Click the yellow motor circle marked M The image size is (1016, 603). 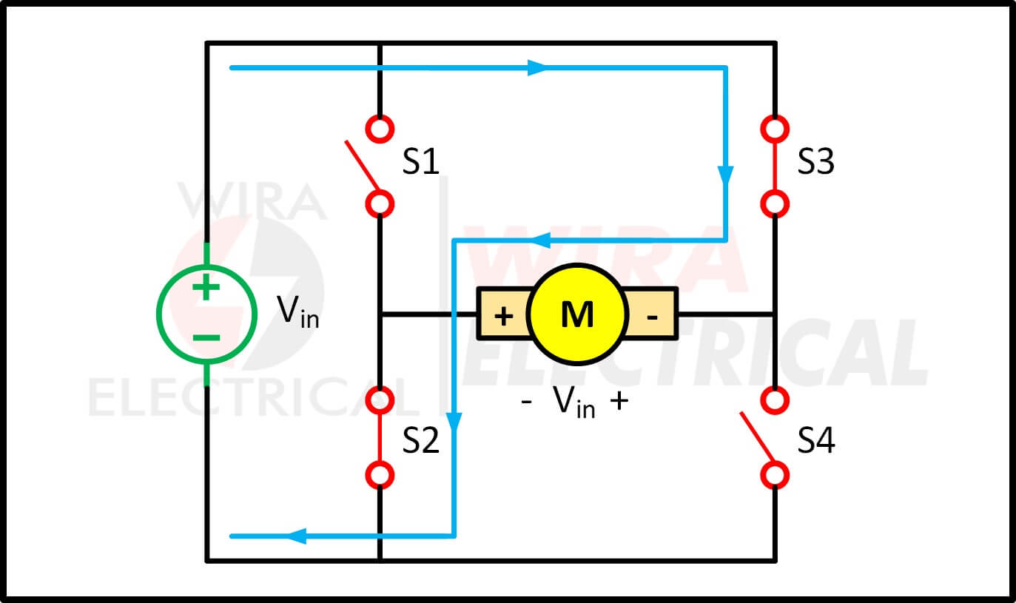pos(577,314)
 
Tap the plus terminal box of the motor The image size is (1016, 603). pos(503,314)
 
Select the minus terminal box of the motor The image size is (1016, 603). pos(651,314)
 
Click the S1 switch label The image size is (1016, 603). pos(421,161)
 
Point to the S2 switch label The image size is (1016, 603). pos(421,440)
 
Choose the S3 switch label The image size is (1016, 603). pos(816,161)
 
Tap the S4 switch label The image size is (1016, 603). pos(816,440)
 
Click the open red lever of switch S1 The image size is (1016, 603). pos(362,166)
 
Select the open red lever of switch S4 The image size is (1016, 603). pos(757,437)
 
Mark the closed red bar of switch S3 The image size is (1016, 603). pos(775,166)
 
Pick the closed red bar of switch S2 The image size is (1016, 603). pos(380,438)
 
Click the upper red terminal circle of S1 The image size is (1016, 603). pos(380,129)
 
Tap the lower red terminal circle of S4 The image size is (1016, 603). pos(775,475)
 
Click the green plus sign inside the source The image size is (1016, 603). pos(206,287)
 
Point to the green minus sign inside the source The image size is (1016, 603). pos(206,337)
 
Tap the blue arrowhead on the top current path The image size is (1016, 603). pos(538,68)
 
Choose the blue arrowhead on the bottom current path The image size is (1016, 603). pos(297,536)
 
